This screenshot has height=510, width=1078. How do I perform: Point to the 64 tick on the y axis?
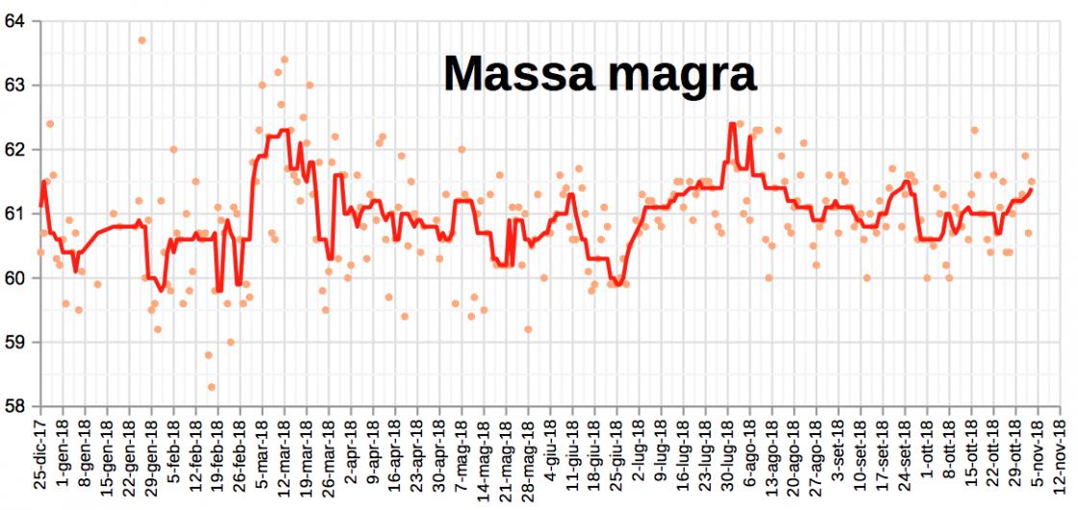pyautogui.click(x=16, y=21)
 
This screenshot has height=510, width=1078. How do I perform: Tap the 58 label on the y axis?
pyautogui.click(x=16, y=406)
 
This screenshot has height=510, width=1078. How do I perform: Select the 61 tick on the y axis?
pyautogui.click(x=16, y=213)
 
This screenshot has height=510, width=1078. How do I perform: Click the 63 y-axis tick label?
pyautogui.click(x=16, y=85)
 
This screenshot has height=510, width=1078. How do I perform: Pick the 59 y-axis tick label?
pyautogui.click(x=16, y=342)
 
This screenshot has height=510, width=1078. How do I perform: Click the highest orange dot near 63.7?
pyautogui.click(x=141, y=40)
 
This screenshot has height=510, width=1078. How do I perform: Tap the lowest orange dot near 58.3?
pyautogui.click(x=212, y=387)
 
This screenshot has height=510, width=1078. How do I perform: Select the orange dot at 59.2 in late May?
pyautogui.click(x=528, y=329)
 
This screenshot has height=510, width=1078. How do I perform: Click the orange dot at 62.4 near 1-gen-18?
pyautogui.click(x=50, y=124)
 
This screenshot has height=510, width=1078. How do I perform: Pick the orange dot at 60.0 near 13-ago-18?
pyautogui.click(x=768, y=278)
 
